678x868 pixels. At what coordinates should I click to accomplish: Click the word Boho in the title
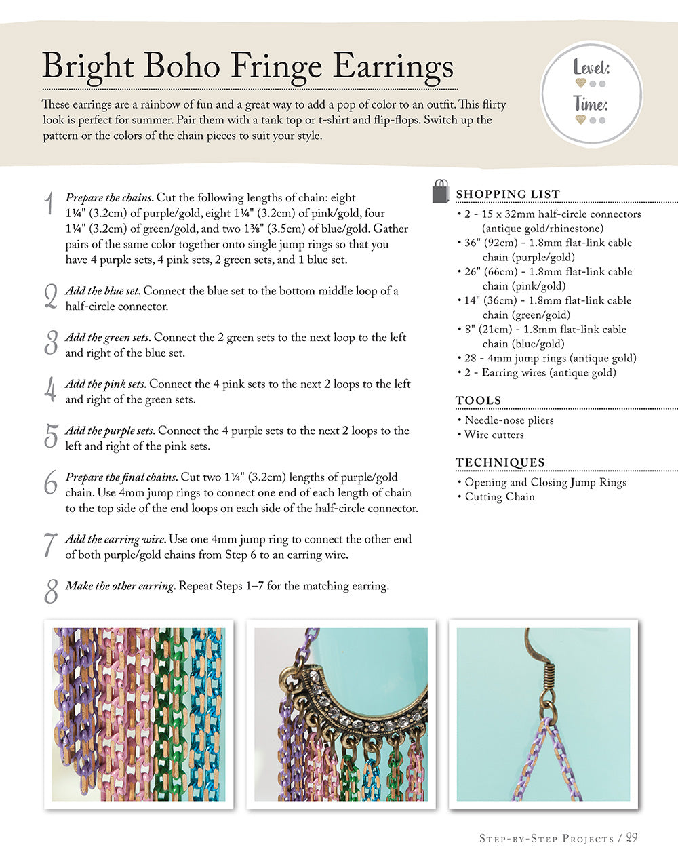(x=181, y=66)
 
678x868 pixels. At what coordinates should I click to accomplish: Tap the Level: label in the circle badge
(x=591, y=68)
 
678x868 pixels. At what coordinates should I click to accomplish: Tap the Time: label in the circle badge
(x=591, y=104)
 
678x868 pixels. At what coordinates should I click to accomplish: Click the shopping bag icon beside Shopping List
(x=441, y=191)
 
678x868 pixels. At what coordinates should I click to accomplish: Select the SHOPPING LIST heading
(x=508, y=194)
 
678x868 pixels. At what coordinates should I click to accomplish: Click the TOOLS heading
(x=479, y=400)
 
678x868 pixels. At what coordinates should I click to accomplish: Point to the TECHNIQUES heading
(x=500, y=462)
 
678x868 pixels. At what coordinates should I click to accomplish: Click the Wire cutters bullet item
(x=494, y=435)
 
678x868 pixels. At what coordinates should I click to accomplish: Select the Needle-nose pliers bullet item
(x=509, y=420)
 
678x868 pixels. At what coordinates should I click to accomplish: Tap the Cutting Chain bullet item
(x=499, y=497)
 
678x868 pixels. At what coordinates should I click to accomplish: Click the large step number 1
(x=49, y=203)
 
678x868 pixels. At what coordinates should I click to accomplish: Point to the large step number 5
(x=50, y=436)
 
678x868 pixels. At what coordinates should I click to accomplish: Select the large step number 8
(x=51, y=591)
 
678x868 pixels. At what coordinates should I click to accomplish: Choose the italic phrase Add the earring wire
(x=115, y=539)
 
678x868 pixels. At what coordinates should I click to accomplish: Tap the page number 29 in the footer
(x=631, y=837)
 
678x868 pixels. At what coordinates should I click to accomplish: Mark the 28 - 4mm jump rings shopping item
(x=550, y=358)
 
